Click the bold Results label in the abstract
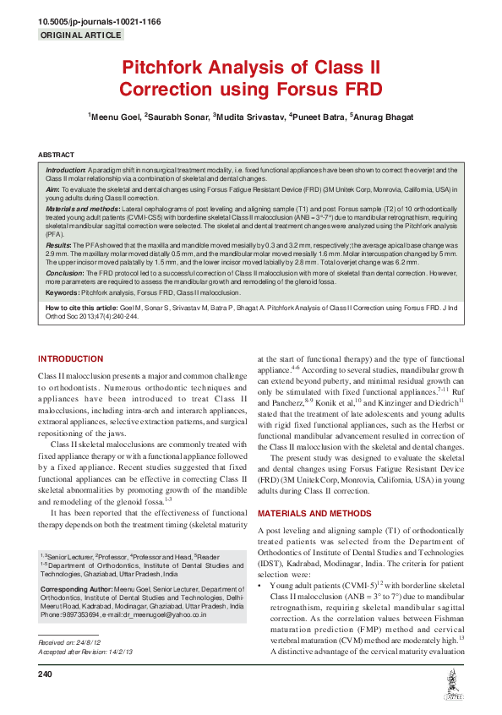coord(58,241)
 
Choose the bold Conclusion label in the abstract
coord(63,273)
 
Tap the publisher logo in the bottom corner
coord(452,688)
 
